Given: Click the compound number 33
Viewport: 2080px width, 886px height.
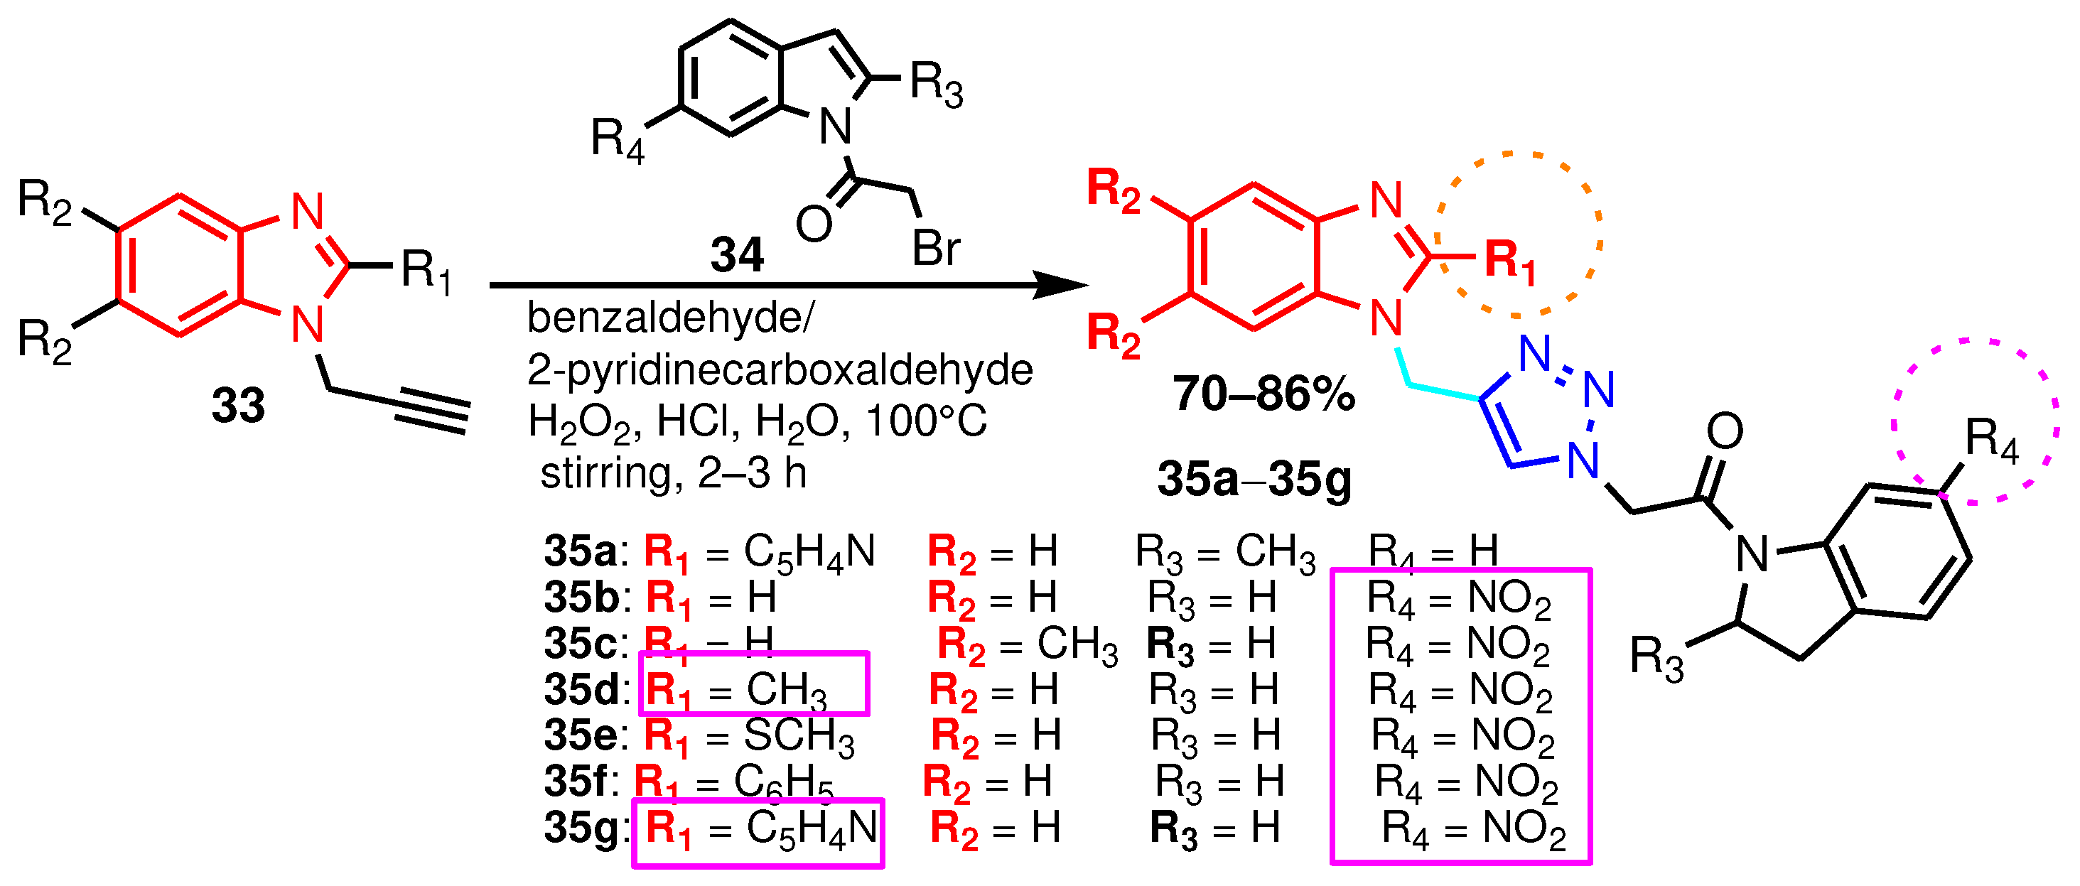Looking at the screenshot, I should (238, 406).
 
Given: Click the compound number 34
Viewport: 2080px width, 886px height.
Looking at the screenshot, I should (736, 255).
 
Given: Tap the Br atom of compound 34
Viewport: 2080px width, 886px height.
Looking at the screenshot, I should (936, 248).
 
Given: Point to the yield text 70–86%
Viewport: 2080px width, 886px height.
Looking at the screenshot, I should (1263, 394).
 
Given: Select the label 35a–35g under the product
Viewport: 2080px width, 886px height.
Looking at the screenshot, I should (1254, 479).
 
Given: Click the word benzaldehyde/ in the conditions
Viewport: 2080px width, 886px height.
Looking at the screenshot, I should (671, 318).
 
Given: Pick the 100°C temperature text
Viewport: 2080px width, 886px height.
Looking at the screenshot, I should (926, 421).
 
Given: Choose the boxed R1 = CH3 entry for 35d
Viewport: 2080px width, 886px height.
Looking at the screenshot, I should (753, 684).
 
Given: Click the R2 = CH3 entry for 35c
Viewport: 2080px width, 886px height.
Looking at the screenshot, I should (1028, 645).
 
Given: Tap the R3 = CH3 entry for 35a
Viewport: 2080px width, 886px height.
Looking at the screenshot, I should (1225, 553).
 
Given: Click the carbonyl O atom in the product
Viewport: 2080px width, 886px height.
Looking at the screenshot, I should (1725, 432).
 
